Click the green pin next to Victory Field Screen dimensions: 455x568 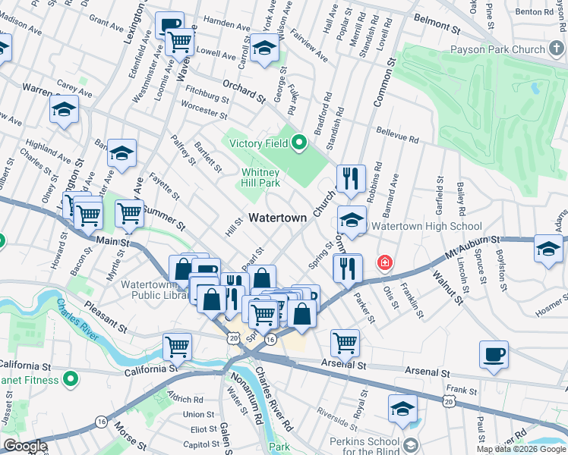[300, 142]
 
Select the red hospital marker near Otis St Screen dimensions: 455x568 [385, 263]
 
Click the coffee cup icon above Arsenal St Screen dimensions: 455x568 [494, 354]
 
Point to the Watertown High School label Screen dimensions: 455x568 [430, 226]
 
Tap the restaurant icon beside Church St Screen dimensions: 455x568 [350, 178]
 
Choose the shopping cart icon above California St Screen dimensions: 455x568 [177, 347]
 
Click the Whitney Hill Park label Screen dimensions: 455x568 [261, 177]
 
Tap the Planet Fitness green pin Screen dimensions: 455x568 [70, 377]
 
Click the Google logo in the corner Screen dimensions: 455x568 [25, 446]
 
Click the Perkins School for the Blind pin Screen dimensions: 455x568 [411, 444]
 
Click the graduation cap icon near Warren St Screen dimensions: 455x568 [65, 109]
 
